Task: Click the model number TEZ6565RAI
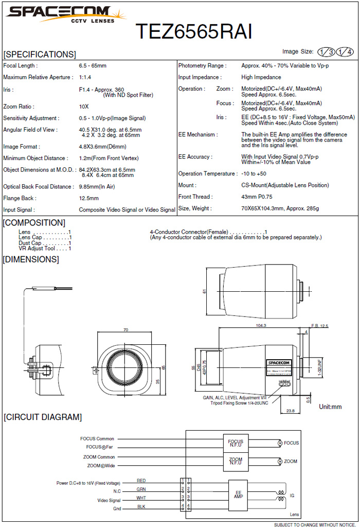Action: tap(194, 32)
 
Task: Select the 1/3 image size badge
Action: tap(326, 52)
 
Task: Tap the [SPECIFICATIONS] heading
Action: tap(40, 55)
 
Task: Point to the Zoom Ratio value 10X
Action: tap(84, 107)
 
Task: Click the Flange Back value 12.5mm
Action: tap(88, 198)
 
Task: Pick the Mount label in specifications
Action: tap(187, 185)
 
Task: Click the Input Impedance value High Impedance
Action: tap(261, 77)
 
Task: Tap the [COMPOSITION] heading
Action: tap(34, 223)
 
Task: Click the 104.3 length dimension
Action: tap(261, 326)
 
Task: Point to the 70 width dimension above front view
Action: tap(125, 330)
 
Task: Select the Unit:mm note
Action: tap(331, 407)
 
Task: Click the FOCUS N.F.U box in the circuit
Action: tap(236, 443)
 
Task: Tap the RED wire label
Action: tap(141, 481)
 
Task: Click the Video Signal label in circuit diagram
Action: tap(109, 500)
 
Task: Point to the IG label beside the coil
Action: tap(292, 496)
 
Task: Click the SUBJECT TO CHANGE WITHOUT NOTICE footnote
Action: tap(314, 525)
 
